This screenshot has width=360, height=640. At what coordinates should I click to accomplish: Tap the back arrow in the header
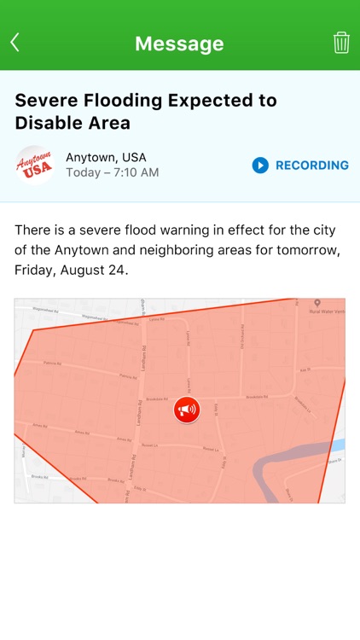click(x=15, y=43)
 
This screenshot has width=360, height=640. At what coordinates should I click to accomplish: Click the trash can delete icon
click(x=341, y=43)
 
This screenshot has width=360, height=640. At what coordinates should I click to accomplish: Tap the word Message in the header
click(x=179, y=44)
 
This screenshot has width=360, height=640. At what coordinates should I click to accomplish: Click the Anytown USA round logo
click(x=35, y=165)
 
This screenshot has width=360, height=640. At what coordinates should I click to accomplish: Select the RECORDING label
click(x=311, y=166)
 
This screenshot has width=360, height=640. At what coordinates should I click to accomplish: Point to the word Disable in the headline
click(x=48, y=123)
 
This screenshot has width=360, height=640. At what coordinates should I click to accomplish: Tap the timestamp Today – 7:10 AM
click(x=112, y=172)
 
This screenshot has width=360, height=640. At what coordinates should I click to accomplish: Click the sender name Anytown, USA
click(x=106, y=157)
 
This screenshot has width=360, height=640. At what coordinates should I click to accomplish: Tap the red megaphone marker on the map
click(x=186, y=410)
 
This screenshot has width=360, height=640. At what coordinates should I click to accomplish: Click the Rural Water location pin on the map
click(x=316, y=304)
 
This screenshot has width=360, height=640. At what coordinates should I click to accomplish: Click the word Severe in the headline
click(x=44, y=100)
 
